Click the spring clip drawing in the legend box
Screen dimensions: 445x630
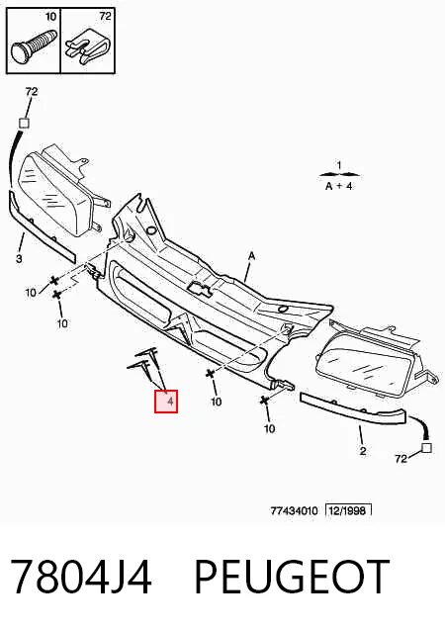coord(88,45)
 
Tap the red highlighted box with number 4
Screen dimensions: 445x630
coord(166,401)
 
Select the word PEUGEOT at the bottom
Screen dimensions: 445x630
coord(292,578)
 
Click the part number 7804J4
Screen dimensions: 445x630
coord(81,578)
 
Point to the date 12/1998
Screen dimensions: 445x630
coord(347,510)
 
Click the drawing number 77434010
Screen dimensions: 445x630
coord(294,511)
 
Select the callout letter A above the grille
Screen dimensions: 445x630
coord(252,255)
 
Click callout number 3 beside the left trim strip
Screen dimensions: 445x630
coord(19,259)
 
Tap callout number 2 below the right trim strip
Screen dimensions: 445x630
coord(363,451)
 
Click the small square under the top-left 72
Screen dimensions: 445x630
coord(25,123)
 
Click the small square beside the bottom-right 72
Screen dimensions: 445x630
coord(426,448)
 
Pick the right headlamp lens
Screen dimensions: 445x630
coord(366,371)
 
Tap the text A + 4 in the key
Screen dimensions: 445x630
coord(338,186)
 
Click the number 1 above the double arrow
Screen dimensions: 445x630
coord(339,165)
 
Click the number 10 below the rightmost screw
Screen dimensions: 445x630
coord(270,428)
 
